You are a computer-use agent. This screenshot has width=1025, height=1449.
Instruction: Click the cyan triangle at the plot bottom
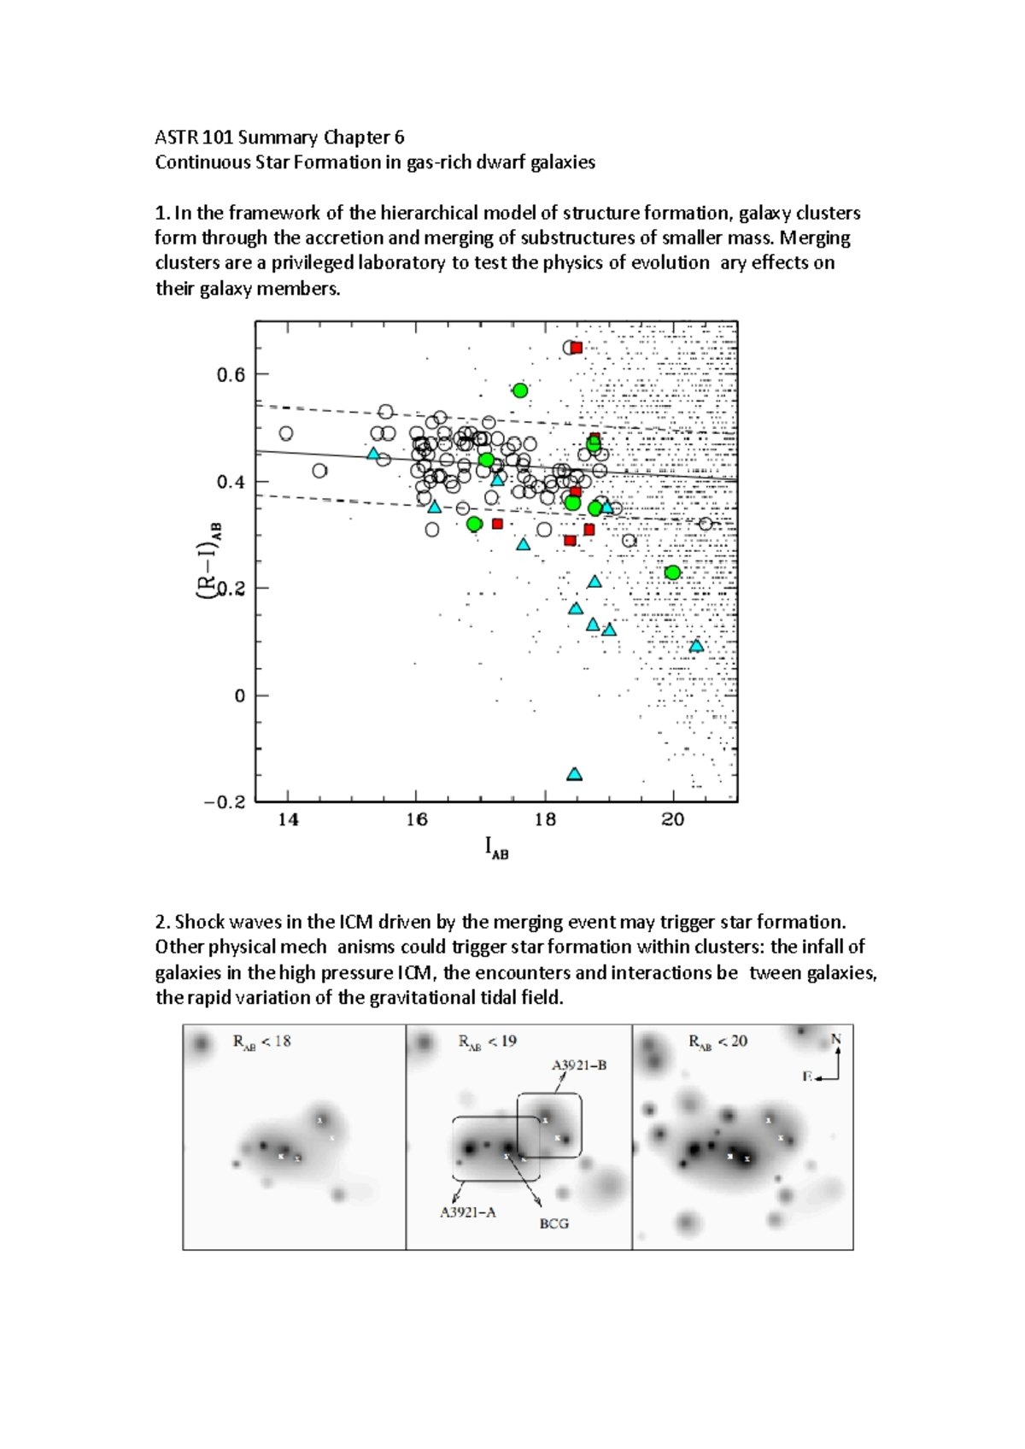coord(575,774)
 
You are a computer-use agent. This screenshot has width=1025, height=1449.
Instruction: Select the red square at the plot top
coord(577,348)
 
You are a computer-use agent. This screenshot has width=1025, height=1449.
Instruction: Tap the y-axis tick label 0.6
coord(231,374)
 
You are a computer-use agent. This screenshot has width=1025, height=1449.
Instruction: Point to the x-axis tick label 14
coord(288,819)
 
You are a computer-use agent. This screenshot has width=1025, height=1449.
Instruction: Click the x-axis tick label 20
coord(673,819)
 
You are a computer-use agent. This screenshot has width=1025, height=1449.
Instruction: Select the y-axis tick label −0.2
coord(225,802)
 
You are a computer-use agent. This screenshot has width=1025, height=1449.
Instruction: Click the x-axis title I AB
coord(496,848)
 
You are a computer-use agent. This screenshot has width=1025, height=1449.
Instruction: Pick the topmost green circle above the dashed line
coord(520,390)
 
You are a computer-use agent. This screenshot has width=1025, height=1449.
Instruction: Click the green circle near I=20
coord(672,572)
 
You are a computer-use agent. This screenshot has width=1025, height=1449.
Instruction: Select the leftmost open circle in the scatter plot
coord(286,434)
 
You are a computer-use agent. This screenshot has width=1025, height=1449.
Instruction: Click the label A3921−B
coord(578,1065)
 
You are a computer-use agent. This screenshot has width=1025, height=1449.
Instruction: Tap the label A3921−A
coord(467,1211)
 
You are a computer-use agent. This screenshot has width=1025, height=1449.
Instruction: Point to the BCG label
coord(553,1223)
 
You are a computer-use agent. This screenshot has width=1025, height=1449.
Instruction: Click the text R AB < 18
coord(261,1041)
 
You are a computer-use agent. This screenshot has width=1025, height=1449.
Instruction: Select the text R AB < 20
coord(717,1041)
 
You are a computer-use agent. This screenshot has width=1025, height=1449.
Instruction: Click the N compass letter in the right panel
coord(836,1039)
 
